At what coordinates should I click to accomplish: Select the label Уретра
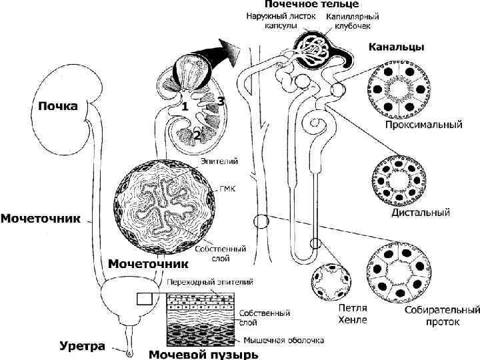[x=83, y=346]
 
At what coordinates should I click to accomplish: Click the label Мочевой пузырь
[x=202, y=353]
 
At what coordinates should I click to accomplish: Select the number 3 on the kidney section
[x=219, y=100]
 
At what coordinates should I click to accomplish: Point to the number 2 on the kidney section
[x=197, y=135]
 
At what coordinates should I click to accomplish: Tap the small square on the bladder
[x=145, y=298]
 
